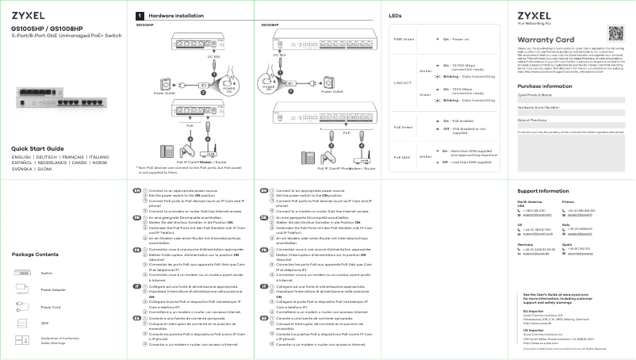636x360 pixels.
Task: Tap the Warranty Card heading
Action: [546, 40]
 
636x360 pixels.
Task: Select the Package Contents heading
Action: [35, 254]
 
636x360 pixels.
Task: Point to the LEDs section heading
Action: [395, 16]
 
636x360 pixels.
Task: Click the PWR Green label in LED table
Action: [404, 39]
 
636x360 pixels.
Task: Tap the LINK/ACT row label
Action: [403, 82]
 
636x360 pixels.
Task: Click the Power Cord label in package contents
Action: [50, 307]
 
